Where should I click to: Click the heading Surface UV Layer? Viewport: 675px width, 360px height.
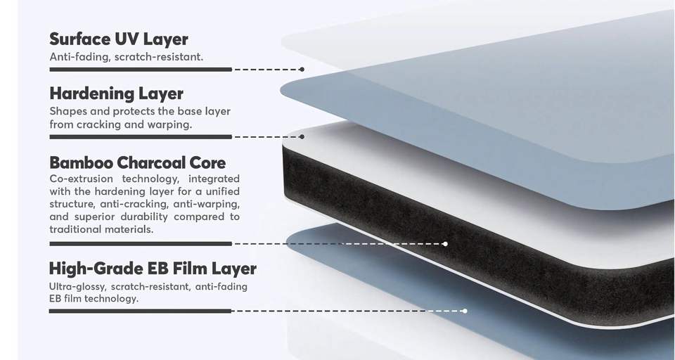coord(118,39)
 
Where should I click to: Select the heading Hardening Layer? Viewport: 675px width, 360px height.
coord(116,94)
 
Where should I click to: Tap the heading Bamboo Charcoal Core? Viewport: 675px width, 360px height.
coord(138,163)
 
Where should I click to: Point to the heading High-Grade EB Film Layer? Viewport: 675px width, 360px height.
coord(153,269)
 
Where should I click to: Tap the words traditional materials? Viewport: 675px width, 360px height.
coord(101,230)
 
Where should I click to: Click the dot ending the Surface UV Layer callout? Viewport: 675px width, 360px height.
coord(302,70)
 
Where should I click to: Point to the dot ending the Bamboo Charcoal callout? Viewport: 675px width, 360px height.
coord(446,244)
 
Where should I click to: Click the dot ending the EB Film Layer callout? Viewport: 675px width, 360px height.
coord(465,311)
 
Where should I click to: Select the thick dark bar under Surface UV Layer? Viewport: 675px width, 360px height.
coord(141,70)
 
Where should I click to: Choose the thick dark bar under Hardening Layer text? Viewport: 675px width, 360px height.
coord(141,136)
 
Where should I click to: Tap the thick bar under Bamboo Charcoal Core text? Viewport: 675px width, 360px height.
coord(141,244)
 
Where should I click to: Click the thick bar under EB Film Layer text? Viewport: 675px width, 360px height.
coord(141,311)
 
